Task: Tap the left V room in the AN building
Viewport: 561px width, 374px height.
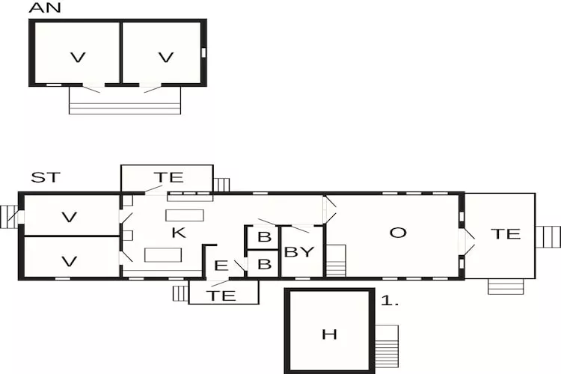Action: coord(75,57)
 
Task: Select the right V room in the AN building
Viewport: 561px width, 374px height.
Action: coord(166,57)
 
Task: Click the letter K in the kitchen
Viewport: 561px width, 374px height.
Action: coord(178,233)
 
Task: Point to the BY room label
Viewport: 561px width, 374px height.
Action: coord(299,252)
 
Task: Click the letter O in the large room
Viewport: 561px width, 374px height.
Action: coord(398,233)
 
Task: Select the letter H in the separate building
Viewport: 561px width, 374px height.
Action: coord(329,334)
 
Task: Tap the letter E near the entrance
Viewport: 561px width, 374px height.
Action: coord(221,266)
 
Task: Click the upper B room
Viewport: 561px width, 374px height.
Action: coord(263,238)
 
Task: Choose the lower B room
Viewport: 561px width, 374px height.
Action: coord(263,265)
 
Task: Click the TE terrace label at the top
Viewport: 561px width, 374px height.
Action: coord(168,177)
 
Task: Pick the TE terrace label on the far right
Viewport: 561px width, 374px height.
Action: coord(506,234)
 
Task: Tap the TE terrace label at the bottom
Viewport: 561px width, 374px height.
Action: coord(222,295)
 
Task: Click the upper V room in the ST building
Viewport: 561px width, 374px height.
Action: coord(70,218)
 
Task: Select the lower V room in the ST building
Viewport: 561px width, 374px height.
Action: coord(70,262)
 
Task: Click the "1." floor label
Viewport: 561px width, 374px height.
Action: coord(390,301)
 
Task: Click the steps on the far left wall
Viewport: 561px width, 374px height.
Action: coord(9,217)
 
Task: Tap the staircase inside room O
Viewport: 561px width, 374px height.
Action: coord(336,260)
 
